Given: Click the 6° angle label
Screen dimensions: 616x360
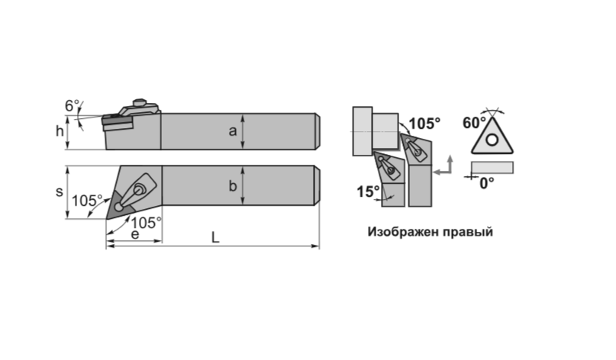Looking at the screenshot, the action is [73, 105].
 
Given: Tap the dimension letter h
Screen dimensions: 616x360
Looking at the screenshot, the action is [60, 131].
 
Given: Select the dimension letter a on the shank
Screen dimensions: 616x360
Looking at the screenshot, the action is [233, 131].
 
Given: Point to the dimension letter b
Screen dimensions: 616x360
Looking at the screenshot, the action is [233, 185].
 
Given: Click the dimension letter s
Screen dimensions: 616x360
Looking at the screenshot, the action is [60, 192].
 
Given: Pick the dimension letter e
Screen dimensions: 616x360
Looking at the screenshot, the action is [135, 234].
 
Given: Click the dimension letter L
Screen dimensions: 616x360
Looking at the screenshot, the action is [215, 237].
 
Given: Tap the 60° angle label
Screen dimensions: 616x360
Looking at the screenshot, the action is [474, 123].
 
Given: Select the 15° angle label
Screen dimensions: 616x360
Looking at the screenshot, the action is [368, 191].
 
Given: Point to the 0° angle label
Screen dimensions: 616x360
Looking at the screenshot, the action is [487, 183].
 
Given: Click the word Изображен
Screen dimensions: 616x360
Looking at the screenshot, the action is [403, 232].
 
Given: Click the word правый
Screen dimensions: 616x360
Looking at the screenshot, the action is [467, 232].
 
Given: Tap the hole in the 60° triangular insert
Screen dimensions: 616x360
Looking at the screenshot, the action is [492, 140].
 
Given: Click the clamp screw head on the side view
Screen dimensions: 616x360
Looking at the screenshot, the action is [139, 102].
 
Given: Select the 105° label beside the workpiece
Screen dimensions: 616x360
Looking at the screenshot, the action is [424, 124].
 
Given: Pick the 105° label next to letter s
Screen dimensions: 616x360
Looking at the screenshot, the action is [87, 201].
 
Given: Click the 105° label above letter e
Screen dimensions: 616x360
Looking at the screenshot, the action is [146, 223].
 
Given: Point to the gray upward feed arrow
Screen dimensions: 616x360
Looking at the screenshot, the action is [450, 163].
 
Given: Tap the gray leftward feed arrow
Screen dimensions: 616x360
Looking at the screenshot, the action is [442, 172].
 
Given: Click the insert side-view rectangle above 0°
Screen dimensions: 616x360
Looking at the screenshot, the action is [492, 168].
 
